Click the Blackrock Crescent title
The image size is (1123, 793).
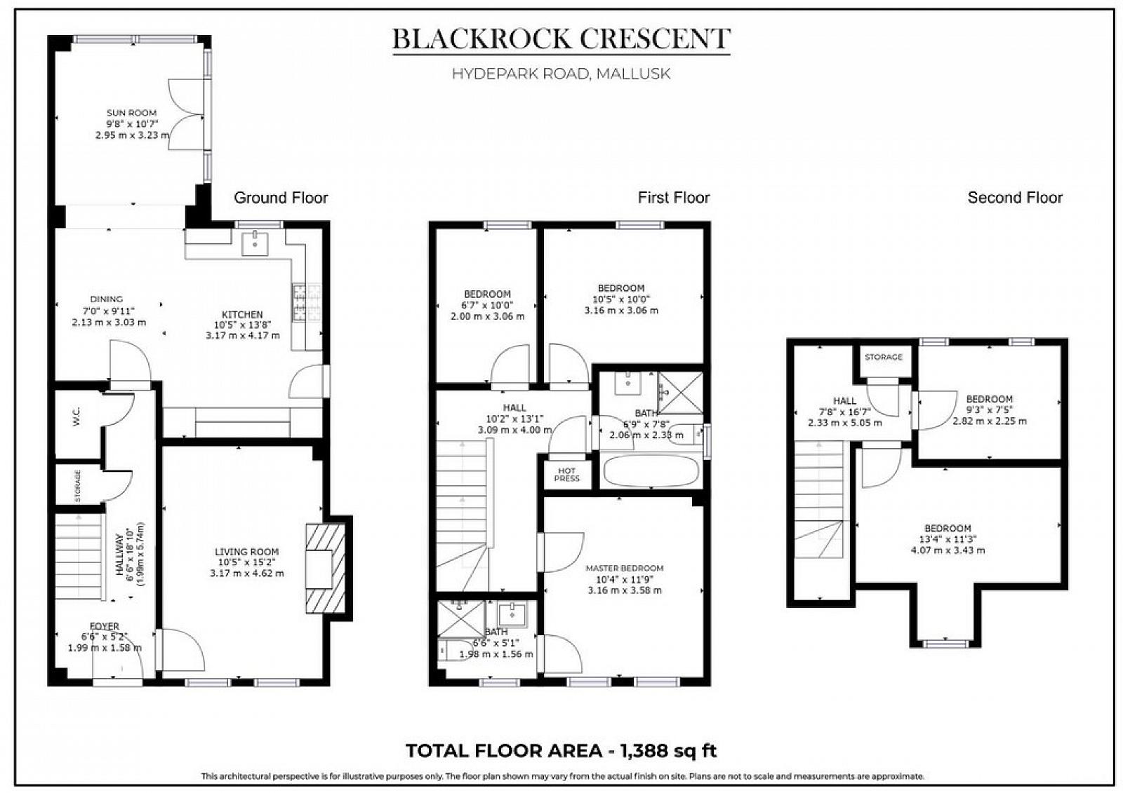pos(561,39)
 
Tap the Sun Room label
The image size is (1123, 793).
pos(131,113)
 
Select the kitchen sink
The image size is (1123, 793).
pos(254,244)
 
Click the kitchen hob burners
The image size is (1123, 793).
pos(307,301)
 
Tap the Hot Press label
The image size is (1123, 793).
pos(566,475)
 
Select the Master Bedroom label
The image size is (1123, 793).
pos(624,568)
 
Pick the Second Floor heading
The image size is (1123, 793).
pos(1014,198)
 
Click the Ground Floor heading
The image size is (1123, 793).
pos(281,198)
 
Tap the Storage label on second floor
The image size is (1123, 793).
pos(883,357)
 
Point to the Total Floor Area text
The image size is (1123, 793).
pos(561,751)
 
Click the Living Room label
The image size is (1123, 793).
pos(246,552)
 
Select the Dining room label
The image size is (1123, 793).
pos(107,299)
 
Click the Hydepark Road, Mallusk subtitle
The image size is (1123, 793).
pos(561,74)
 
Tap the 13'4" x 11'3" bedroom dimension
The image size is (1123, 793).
pos(947,539)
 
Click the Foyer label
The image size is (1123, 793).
pos(104,626)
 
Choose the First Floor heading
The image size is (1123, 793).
pos(673,198)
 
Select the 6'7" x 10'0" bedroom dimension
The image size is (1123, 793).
pos(487,305)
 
